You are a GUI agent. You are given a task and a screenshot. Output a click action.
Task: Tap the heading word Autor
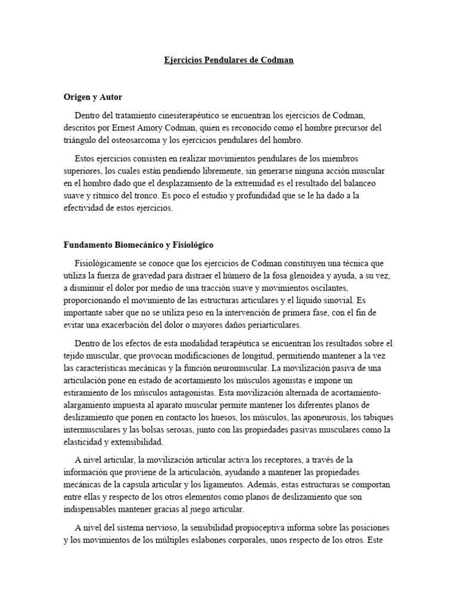[x=110, y=96]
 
